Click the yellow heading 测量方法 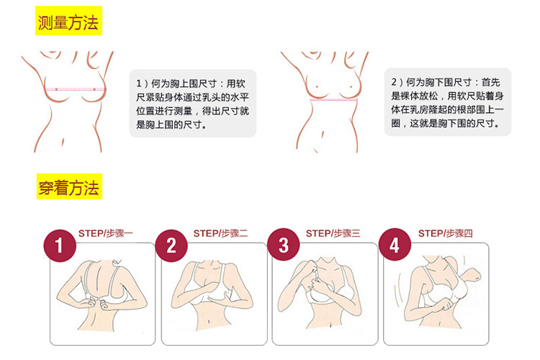68,21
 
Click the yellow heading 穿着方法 69,186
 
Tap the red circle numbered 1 60,246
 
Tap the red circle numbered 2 171,246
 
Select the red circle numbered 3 284,245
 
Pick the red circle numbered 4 395,245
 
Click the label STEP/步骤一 105,233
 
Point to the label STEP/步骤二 220,233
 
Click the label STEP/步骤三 333,233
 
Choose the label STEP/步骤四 445,233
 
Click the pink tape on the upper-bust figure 75,89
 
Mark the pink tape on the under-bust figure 333,100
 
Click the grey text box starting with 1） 192,104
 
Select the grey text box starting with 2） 447,102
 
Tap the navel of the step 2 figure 210,323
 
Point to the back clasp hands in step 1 96,303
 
